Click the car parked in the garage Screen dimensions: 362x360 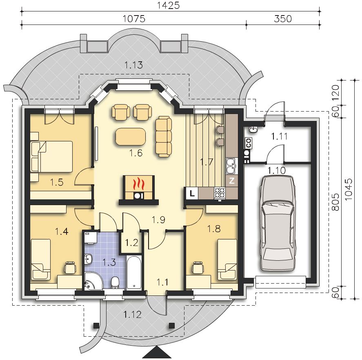click(x=278, y=223)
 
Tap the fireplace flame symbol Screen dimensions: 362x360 click(x=138, y=183)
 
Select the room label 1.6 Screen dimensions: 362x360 click(x=136, y=153)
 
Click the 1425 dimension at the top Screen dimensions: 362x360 click(x=168, y=5)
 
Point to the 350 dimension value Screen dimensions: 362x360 click(x=283, y=19)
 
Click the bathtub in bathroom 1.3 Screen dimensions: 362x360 click(x=134, y=272)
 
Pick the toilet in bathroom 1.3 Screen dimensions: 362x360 click(x=115, y=283)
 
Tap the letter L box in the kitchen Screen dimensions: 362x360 click(x=192, y=193)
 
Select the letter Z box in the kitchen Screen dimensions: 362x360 click(x=232, y=181)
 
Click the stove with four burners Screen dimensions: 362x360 click(x=220, y=193)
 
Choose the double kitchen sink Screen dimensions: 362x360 click(x=231, y=166)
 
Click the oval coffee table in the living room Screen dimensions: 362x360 click(x=131, y=136)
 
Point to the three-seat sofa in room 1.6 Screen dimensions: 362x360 click(x=164, y=137)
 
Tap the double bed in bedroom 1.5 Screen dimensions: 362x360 click(x=52, y=157)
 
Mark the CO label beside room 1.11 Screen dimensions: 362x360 click(x=249, y=143)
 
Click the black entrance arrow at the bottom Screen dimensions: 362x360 click(x=157, y=353)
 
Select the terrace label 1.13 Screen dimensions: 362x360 click(x=133, y=65)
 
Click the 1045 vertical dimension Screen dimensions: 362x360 click(x=348, y=189)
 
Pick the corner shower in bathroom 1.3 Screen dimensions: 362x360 click(x=93, y=281)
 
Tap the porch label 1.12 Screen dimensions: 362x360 click(x=132, y=315)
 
